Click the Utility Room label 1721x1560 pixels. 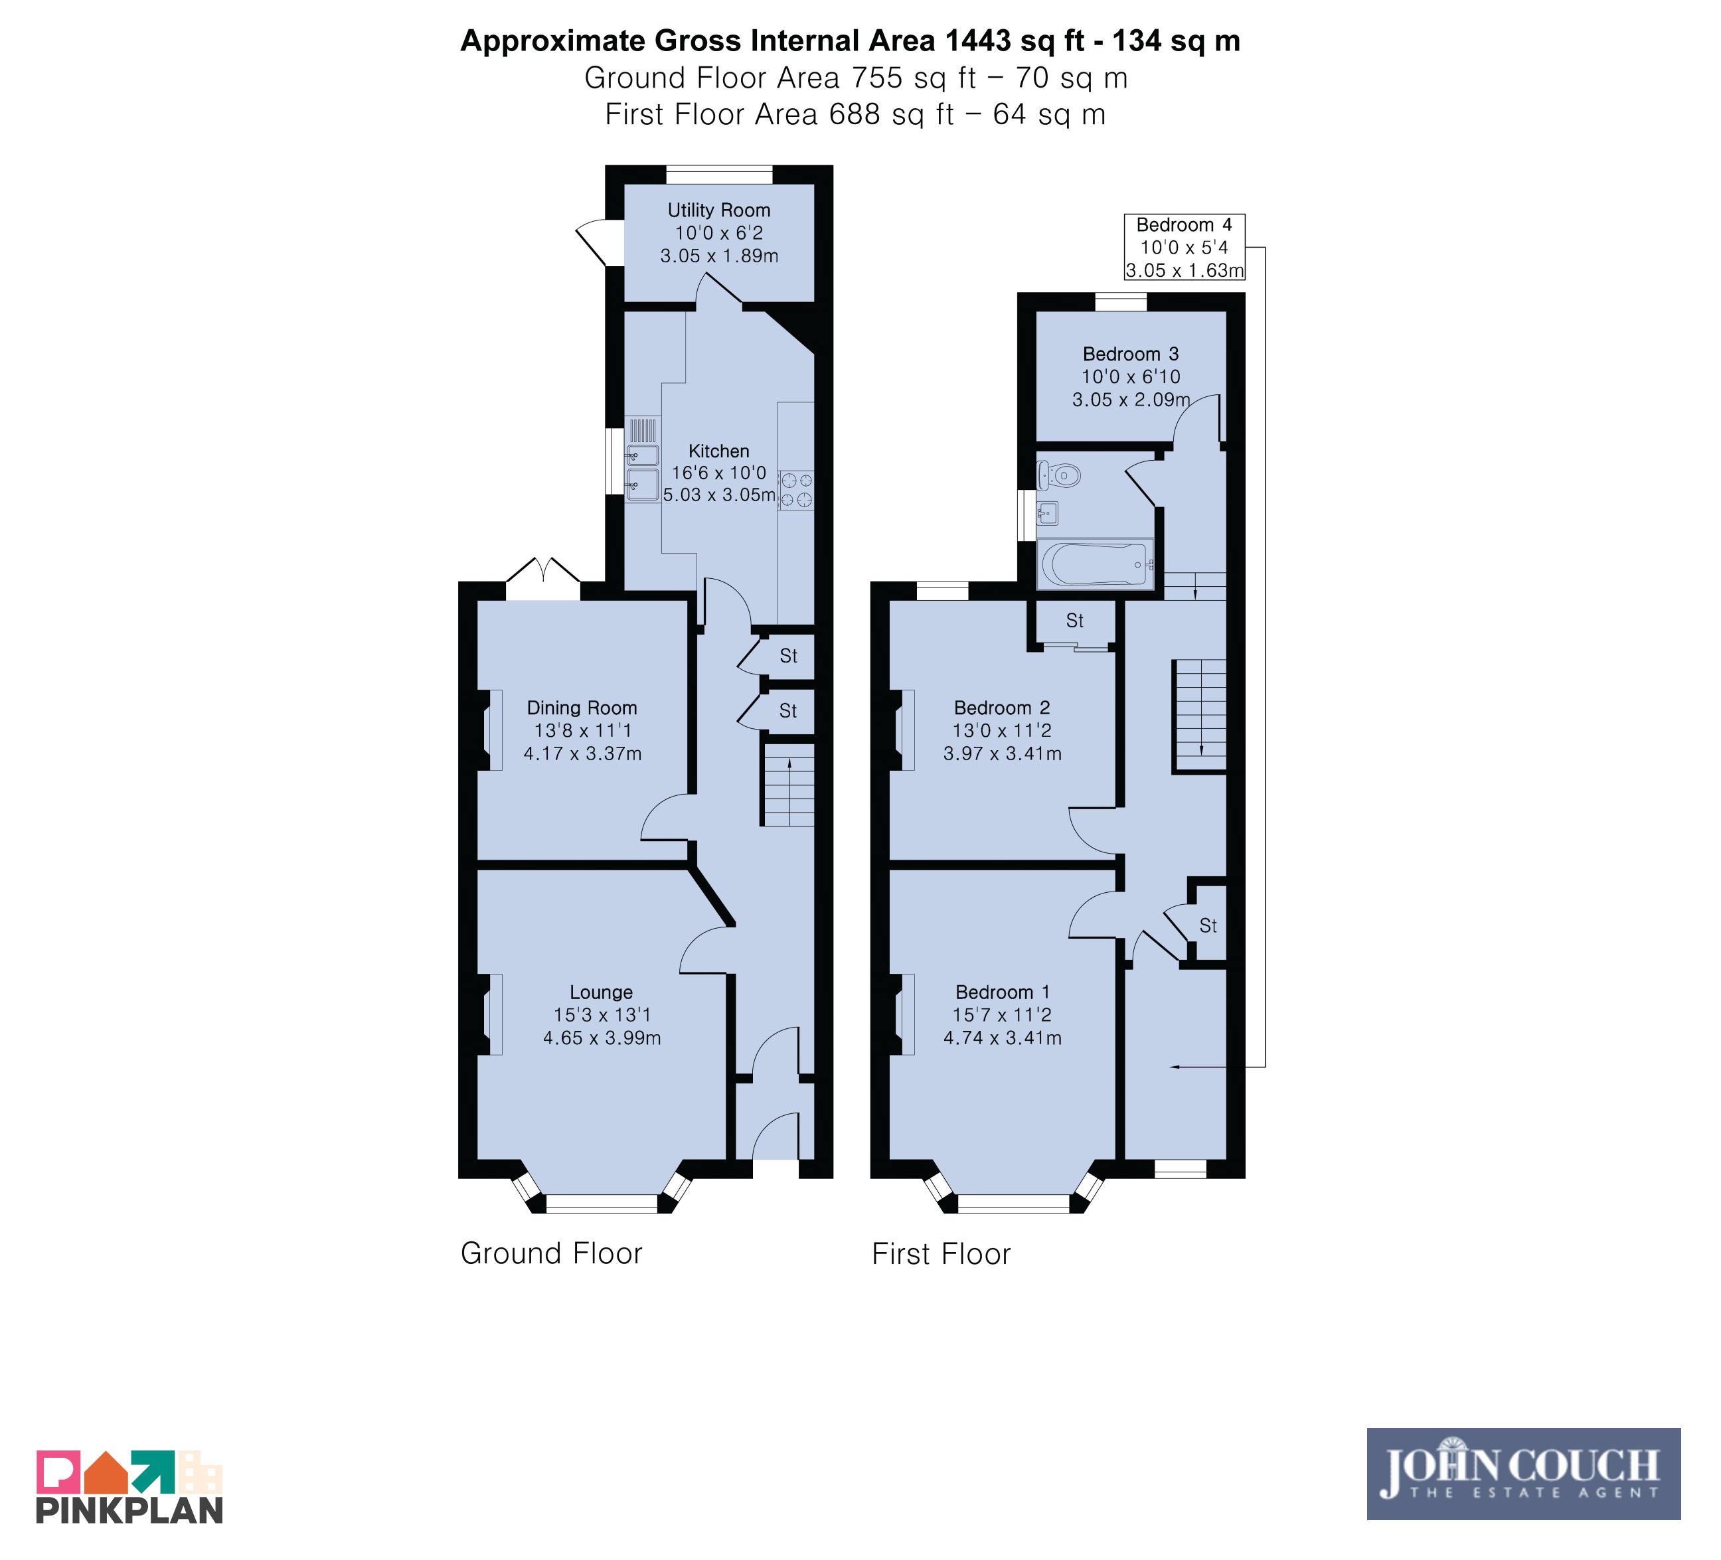click(x=719, y=210)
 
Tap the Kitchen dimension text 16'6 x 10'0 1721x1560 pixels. click(x=719, y=473)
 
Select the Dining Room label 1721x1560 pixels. click(x=582, y=708)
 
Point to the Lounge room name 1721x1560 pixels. click(x=601, y=992)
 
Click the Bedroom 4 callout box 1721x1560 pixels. click(x=1184, y=247)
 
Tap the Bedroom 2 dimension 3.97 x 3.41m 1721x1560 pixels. click(x=1002, y=753)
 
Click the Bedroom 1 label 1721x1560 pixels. click(x=1002, y=992)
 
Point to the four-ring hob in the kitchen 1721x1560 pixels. click(x=795, y=491)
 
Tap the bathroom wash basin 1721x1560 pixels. click(x=1048, y=513)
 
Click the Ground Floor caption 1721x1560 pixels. click(x=552, y=1253)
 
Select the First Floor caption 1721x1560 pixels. click(x=941, y=1253)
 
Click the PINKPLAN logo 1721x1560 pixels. click(x=129, y=1486)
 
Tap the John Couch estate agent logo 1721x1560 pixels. click(x=1523, y=1474)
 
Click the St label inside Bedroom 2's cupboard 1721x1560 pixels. click(x=1075, y=621)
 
